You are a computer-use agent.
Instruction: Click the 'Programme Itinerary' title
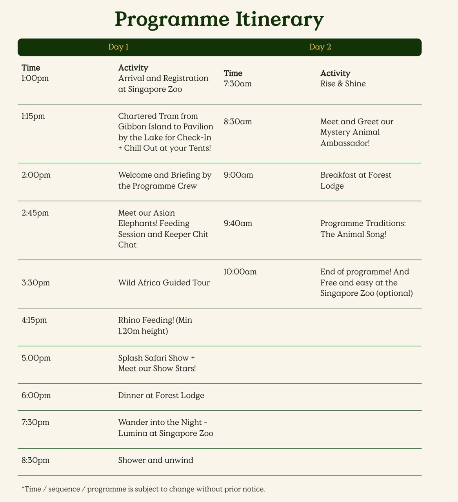pos(219,20)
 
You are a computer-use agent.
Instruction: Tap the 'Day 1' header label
pos(118,47)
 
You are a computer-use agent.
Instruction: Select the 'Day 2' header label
pos(320,47)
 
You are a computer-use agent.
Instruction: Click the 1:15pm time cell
pos(33,116)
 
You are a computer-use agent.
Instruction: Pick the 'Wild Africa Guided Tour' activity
pos(164,282)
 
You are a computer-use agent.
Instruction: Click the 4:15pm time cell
pos(34,320)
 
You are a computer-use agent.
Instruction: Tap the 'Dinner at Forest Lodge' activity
pos(161,395)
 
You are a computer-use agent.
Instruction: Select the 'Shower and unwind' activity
pos(156,460)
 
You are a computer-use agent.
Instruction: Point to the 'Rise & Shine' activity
pos(343,84)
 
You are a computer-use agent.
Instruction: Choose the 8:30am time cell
pos(238,122)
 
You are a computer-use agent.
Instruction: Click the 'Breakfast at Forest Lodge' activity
pos(356,180)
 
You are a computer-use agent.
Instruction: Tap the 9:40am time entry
pos(238,224)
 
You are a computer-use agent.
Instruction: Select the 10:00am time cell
pos(240,271)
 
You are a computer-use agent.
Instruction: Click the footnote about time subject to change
pos(144,489)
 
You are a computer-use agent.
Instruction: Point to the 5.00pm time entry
pos(36,358)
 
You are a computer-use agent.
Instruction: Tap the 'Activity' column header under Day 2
pos(335,73)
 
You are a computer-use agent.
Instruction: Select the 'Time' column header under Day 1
pos(31,68)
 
